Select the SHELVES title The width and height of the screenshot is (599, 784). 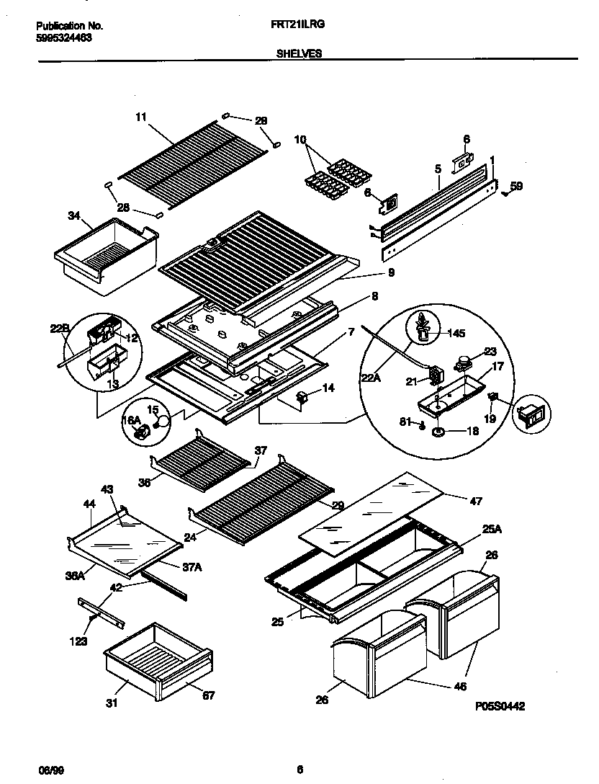click(299, 53)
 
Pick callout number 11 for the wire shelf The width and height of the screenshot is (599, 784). click(141, 117)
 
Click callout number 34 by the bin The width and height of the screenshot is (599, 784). click(74, 215)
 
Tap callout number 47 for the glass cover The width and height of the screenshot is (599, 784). click(476, 501)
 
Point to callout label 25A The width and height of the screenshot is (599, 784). click(472, 530)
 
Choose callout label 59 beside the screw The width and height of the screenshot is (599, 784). click(516, 187)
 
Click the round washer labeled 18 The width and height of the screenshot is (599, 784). click(437, 431)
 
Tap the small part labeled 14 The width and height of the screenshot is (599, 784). click(304, 396)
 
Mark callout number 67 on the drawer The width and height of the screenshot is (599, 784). click(208, 696)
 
